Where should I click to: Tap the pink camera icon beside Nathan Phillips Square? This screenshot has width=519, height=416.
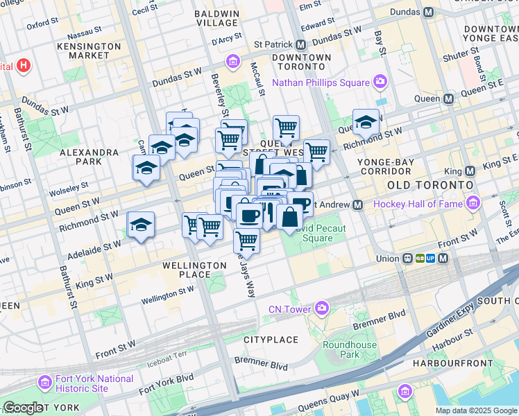click(380, 83)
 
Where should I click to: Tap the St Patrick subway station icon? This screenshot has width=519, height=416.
click(303, 44)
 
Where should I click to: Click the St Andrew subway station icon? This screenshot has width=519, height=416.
click(357, 205)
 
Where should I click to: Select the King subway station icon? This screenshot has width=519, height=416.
click(470, 171)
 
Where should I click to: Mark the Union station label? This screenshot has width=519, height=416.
click(386, 259)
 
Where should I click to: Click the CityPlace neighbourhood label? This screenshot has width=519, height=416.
click(271, 340)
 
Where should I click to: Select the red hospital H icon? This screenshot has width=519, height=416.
click(24, 67)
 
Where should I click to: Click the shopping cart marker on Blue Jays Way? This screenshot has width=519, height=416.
click(247, 241)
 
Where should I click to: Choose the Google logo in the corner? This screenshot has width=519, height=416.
click(22, 408)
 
